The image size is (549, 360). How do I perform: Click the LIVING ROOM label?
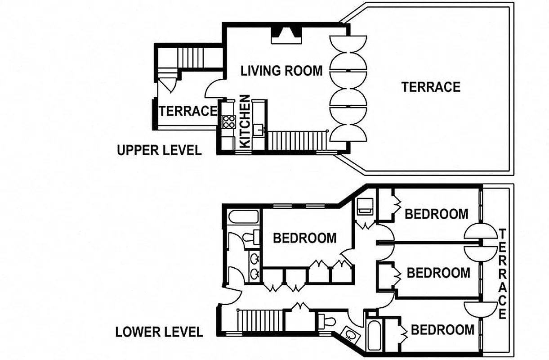point(281,71)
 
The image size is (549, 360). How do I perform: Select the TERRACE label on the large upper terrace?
point(431,86)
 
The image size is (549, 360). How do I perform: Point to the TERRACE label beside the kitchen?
point(187,111)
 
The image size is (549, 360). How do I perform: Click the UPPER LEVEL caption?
point(159,150)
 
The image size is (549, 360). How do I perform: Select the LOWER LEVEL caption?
point(159,332)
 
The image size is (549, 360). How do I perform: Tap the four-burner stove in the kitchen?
point(228,121)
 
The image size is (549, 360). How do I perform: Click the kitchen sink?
point(259,130)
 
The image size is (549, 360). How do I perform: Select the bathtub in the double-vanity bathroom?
point(243,217)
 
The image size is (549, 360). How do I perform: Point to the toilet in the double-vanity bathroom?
point(250,237)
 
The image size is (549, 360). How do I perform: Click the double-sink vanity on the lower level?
point(254,266)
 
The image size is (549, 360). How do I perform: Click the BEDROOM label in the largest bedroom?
point(304,238)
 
